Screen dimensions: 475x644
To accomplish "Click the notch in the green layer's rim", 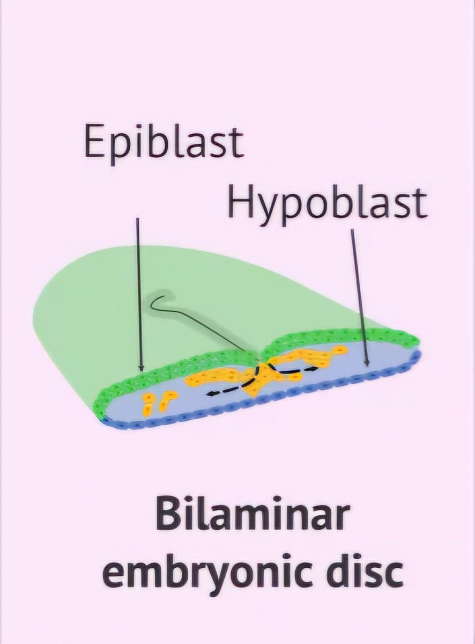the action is coord(259,355).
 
